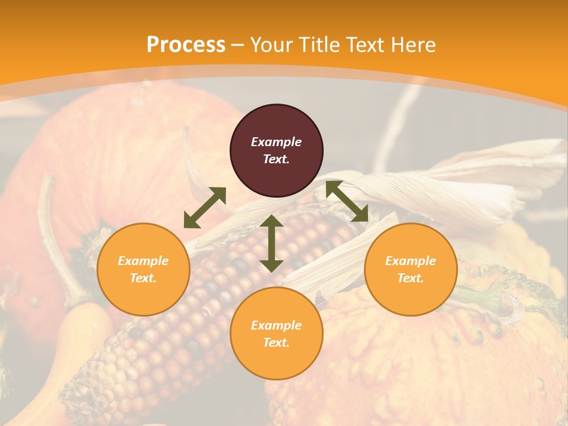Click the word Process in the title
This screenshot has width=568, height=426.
tap(186, 45)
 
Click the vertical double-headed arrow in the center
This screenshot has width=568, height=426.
tap(272, 243)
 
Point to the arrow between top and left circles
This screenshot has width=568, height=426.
tap(205, 208)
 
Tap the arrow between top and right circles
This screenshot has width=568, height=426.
tap(347, 201)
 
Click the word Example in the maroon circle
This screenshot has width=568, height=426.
tap(276, 142)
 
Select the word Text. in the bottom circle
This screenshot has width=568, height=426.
tap(276, 343)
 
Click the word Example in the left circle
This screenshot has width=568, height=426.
tap(143, 261)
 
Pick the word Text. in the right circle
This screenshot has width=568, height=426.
tap(411, 278)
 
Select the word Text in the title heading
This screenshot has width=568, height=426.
tap(362, 45)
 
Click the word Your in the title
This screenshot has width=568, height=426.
tap(271, 45)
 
